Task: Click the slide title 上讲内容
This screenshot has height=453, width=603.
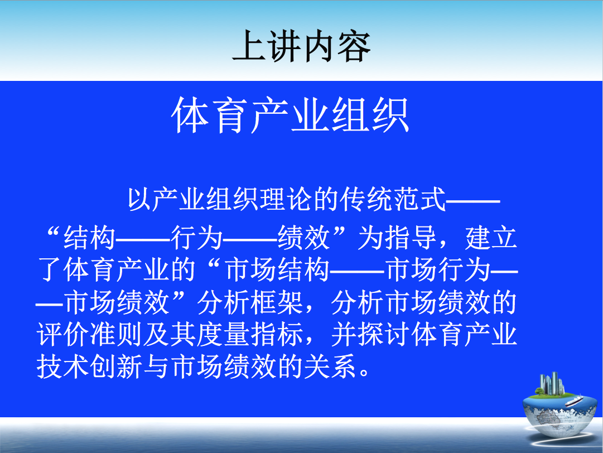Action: click(x=301, y=46)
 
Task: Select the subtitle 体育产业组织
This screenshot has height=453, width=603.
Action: click(x=291, y=115)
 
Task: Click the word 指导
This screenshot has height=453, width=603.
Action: click(x=411, y=238)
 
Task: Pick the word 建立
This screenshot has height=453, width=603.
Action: click(x=491, y=238)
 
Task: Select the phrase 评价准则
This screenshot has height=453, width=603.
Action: click(x=90, y=334)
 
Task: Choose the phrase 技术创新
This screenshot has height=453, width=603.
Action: click(x=90, y=367)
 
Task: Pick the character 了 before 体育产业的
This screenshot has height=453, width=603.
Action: click(x=50, y=270)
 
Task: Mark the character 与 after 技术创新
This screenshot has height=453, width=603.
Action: click(x=156, y=367)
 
